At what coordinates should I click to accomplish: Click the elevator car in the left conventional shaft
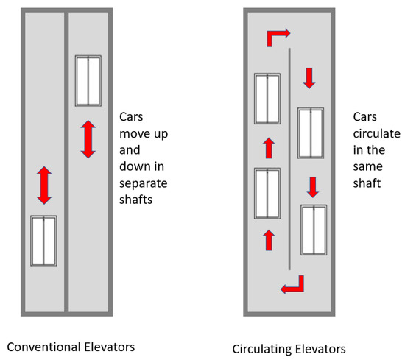(x=43, y=241)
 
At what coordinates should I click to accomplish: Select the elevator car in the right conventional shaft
(x=88, y=80)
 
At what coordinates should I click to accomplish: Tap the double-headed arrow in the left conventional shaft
(x=43, y=185)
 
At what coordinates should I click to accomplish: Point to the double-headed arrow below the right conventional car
(x=88, y=139)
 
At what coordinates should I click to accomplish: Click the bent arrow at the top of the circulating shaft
(x=278, y=36)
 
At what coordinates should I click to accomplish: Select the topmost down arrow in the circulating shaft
(x=309, y=77)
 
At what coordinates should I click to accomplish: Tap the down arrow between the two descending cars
(x=312, y=187)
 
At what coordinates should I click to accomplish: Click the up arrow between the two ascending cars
(x=268, y=148)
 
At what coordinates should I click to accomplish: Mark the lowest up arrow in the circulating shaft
(x=268, y=239)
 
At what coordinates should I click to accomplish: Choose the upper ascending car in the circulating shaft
(x=267, y=99)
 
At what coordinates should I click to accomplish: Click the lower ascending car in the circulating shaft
(x=267, y=194)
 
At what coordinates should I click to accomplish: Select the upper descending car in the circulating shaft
(x=311, y=133)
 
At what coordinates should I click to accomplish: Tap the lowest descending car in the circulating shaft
(x=314, y=231)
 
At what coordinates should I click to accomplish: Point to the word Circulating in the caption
(x=259, y=347)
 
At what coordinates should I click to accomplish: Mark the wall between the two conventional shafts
(x=66, y=162)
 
